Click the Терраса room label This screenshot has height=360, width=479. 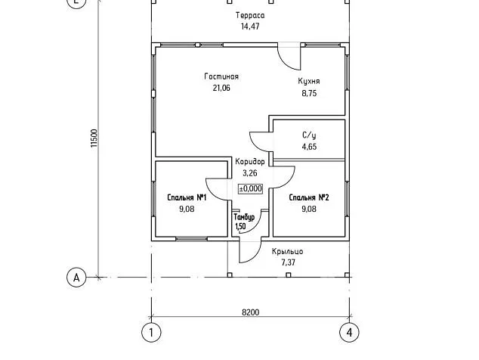249,15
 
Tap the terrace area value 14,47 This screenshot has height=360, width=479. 249,26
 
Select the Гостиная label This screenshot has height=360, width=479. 221,76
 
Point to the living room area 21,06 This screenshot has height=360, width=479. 221,88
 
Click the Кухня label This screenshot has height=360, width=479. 309,82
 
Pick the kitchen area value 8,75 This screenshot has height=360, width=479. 309,94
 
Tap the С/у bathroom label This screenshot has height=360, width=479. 308,135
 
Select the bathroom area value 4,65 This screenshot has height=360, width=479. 308,147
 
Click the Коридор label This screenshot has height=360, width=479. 249,162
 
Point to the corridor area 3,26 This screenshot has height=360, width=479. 250,173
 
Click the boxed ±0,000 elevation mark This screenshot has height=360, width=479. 250,189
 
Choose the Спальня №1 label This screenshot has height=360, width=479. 187,197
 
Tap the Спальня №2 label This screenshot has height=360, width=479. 308,197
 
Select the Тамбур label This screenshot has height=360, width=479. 243,217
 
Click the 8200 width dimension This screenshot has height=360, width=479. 250,312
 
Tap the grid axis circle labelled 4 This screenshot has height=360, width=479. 348,331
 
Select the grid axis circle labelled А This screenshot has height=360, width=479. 76,277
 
